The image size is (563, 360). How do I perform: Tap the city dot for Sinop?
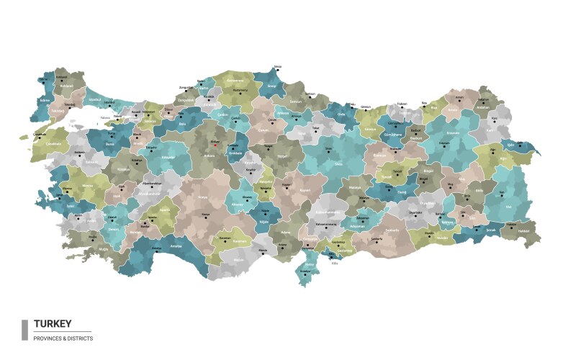pyautogui.click(x=277, y=70)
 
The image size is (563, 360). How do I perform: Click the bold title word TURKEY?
pyautogui.click(x=52, y=325)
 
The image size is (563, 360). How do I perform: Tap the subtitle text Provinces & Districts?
pyautogui.click(x=63, y=338)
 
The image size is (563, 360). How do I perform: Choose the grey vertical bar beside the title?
pyautogui.click(x=24, y=330)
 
